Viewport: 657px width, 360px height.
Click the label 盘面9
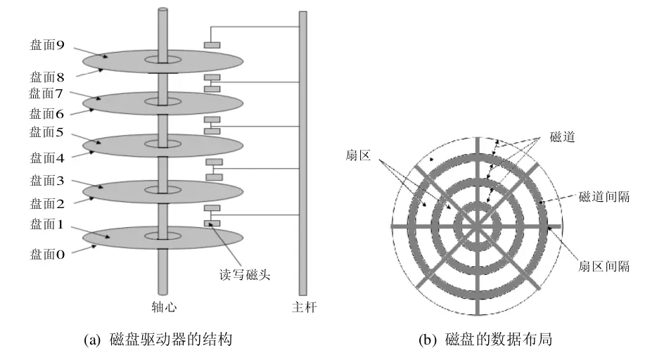(x=46, y=46)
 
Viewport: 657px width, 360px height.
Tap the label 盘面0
(x=46, y=255)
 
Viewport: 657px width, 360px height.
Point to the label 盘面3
(x=46, y=181)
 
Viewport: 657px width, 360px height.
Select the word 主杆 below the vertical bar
(x=302, y=307)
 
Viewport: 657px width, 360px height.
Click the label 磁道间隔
(x=603, y=198)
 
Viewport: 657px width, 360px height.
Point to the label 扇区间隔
(x=603, y=266)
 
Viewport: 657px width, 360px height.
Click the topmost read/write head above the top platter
(x=212, y=45)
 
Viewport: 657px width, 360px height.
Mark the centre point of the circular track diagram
(x=476, y=226)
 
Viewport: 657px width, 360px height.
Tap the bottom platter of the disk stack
(x=162, y=238)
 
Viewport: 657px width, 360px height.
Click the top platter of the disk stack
(x=162, y=61)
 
